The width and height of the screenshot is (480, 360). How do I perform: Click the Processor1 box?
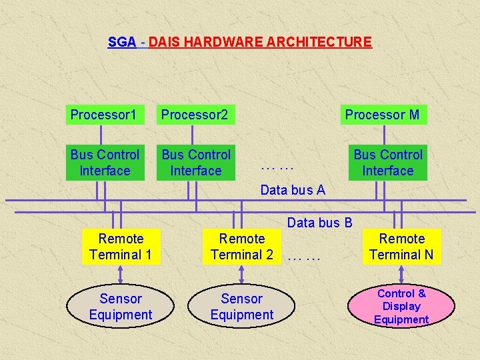pos(103,115)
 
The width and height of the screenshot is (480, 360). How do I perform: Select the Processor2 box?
pos(195,115)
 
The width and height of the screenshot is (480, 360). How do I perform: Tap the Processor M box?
pos(382,115)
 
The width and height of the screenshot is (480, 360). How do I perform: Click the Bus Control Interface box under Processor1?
pos(105,163)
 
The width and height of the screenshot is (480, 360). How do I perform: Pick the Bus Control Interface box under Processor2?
pos(196,163)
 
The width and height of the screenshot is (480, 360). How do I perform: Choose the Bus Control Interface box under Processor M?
pos(388,163)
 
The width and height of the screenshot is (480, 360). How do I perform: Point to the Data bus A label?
pos(293,190)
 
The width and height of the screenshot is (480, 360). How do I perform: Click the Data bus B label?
pos(319,223)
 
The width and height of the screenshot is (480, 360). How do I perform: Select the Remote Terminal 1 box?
pos(121,247)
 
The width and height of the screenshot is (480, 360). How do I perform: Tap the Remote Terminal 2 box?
pos(242,247)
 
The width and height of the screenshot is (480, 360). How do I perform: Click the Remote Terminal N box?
pos(401,247)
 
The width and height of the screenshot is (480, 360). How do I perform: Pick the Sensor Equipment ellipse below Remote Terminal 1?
pos(121,307)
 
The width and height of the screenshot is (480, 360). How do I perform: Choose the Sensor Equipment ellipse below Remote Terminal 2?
pos(242,307)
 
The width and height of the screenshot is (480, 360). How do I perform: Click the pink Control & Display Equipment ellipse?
pos(401,307)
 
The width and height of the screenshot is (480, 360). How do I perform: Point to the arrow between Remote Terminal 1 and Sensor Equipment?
pos(121,275)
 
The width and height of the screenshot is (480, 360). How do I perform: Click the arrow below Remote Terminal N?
pos(402,275)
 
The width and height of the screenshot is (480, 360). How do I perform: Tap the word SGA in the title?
pos(122,42)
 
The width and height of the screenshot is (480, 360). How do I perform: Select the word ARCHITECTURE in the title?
pos(319,42)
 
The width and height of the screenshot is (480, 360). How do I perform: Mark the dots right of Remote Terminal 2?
pos(305,255)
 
